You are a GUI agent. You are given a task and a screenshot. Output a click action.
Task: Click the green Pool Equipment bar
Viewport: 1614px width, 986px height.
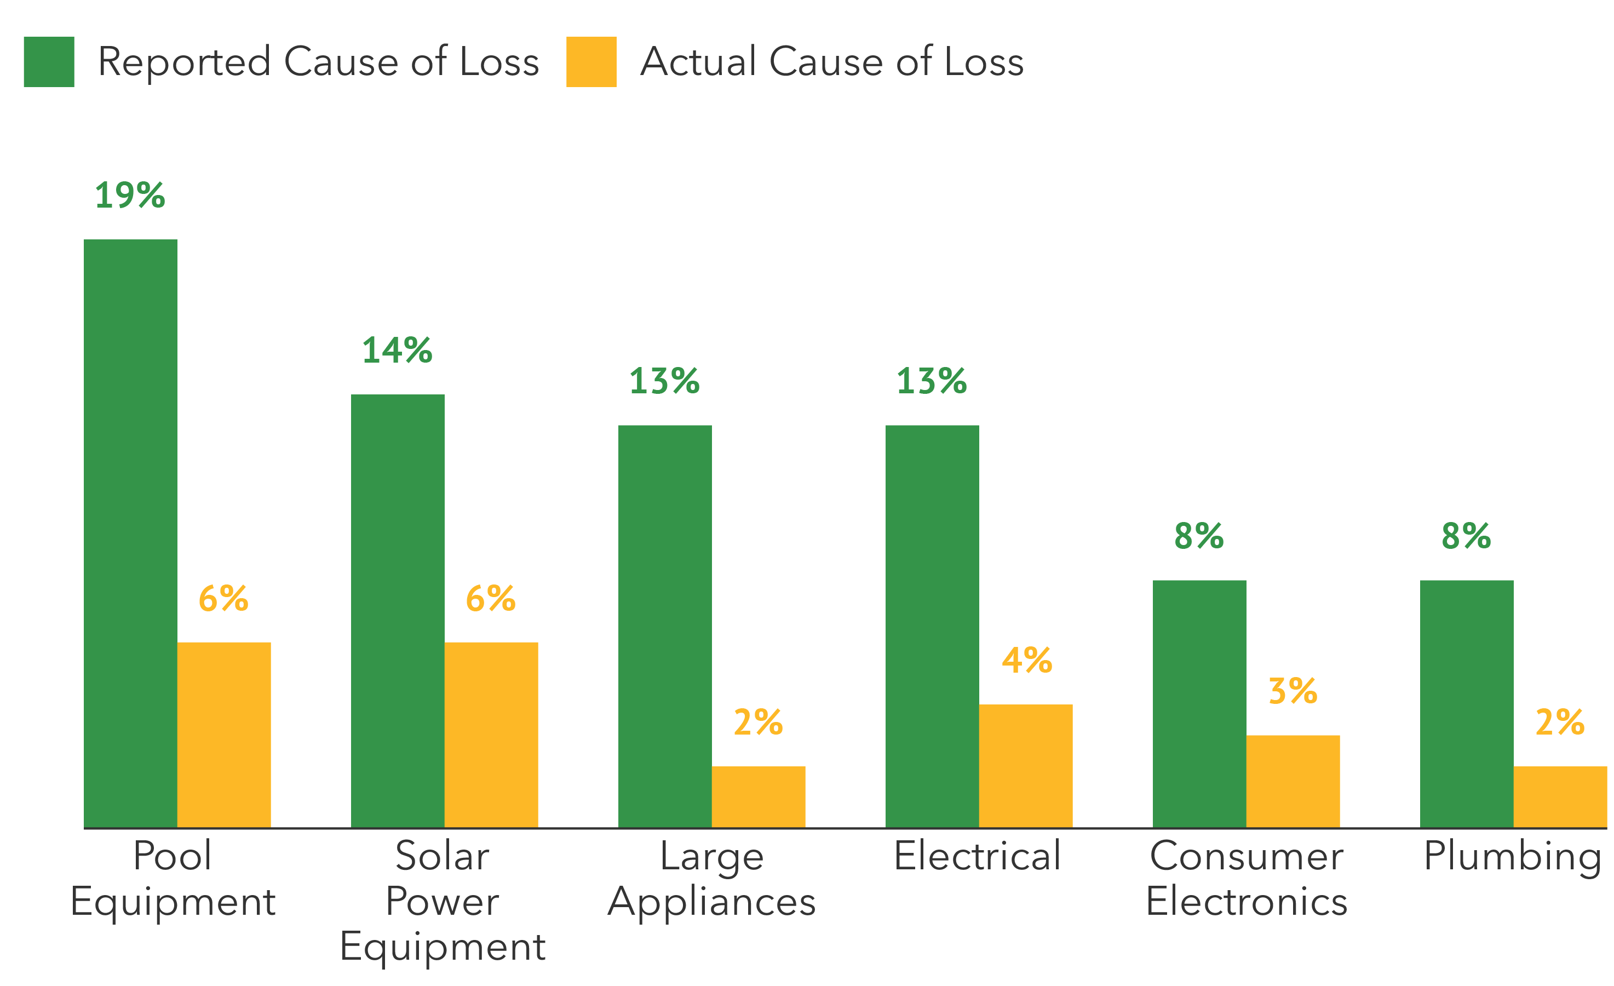pyautogui.click(x=130, y=532)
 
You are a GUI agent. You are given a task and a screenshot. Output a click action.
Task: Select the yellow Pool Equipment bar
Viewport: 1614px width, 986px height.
pyautogui.click(x=224, y=734)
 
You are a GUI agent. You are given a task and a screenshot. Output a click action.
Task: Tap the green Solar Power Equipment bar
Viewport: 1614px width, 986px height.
pyautogui.click(x=398, y=611)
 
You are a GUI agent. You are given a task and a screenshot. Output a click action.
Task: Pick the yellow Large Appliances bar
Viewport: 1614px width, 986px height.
pyautogui.click(x=759, y=796)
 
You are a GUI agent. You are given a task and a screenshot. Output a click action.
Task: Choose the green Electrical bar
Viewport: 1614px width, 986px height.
pyautogui.click(x=932, y=626)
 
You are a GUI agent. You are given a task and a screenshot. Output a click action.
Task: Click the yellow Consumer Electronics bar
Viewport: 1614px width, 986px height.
pyautogui.click(x=1293, y=781)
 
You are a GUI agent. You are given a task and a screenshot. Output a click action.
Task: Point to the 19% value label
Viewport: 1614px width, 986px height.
pyautogui.click(x=130, y=195)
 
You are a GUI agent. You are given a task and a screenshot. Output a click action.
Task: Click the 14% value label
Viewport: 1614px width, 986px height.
pyautogui.click(x=397, y=350)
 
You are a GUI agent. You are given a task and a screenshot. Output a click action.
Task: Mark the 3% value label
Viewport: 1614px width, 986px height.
pyautogui.click(x=1293, y=691)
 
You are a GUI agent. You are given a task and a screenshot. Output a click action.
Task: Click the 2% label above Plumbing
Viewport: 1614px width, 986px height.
pyautogui.click(x=1560, y=722)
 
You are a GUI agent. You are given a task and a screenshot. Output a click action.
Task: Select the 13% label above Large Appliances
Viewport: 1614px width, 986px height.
pyautogui.click(x=664, y=381)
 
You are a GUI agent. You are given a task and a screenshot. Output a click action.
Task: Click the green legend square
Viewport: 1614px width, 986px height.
pyautogui.click(x=49, y=61)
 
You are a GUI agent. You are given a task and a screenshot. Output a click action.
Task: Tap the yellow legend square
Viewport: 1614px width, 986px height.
pyautogui.click(x=591, y=61)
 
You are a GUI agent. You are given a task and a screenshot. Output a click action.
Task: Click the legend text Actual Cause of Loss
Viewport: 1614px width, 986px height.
pyautogui.click(x=831, y=61)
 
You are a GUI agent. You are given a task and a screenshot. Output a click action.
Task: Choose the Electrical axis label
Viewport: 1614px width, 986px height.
pyautogui.click(x=977, y=856)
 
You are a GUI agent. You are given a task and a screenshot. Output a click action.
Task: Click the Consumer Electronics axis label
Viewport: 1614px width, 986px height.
pyautogui.click(x=1247, y=878)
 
